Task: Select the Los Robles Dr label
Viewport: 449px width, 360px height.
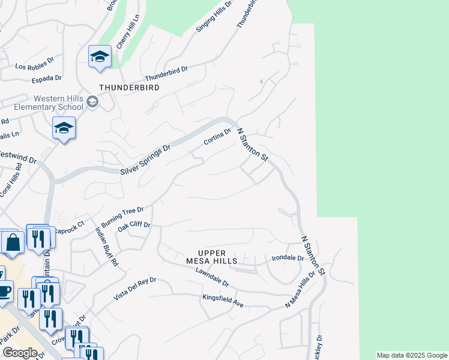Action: (32, 67)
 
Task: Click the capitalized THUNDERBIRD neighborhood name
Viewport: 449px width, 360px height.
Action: (129, 88)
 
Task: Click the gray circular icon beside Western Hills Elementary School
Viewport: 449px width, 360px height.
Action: (92, 102)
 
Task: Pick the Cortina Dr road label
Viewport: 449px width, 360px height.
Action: (217, 137)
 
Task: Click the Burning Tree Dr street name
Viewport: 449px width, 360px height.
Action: (122, 216)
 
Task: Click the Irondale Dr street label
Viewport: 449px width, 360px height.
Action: (288, 257)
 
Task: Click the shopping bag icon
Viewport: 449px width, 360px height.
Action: (13, 242)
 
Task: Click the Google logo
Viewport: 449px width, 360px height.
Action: (20, 353)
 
